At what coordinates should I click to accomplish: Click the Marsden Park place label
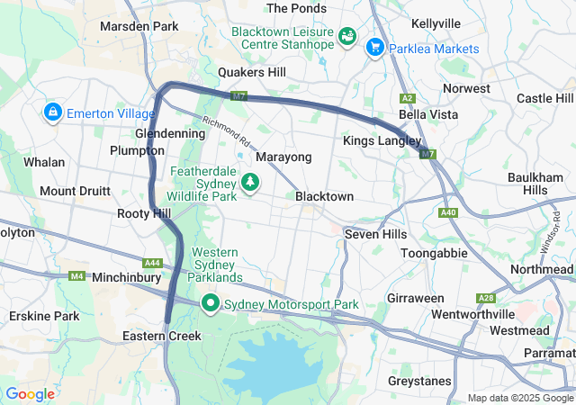(139, 26)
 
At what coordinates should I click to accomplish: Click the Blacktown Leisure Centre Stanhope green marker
(347, 38)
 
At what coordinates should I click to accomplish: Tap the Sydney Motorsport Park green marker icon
(211, 304)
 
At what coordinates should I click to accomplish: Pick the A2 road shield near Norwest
(408, 97)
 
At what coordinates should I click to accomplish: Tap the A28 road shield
(487, 298)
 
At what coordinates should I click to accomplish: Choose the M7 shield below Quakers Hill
(238, 95)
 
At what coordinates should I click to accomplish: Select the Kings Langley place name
(381, 141)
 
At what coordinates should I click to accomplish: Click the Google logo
(30, 394)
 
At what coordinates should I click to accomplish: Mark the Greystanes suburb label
(418, 381)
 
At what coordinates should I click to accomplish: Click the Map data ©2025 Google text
(520, 398)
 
